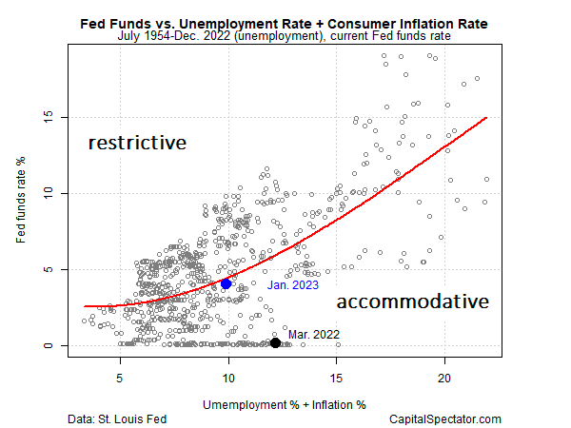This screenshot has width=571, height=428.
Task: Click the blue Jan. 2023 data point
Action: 226,283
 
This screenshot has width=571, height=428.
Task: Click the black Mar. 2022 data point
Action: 275,342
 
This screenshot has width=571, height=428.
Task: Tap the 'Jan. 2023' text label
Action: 292,284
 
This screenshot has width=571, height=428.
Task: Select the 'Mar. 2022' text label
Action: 315,333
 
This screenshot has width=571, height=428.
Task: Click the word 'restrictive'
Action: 137,144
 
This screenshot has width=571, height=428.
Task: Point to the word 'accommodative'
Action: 413,302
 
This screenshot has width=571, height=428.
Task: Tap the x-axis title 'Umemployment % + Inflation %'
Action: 284,403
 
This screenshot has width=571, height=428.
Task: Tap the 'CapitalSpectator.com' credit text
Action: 445,418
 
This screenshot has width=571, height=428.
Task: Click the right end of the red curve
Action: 486,118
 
